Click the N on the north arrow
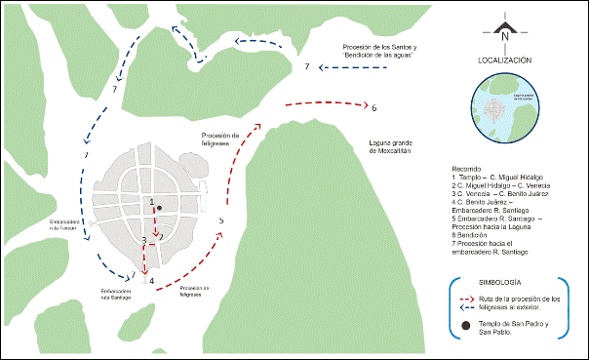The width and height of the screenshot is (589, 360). [x=505, y=37]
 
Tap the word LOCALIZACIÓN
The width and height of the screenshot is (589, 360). [x=504, y=60]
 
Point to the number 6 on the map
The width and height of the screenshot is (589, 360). [x=374, y=106]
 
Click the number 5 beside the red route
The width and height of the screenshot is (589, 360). [x=222, y=221]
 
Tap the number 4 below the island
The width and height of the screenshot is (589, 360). [x=151, y=282]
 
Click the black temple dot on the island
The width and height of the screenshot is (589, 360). [x=158, y=208]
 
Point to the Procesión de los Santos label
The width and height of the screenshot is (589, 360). [x=380, y=51]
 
